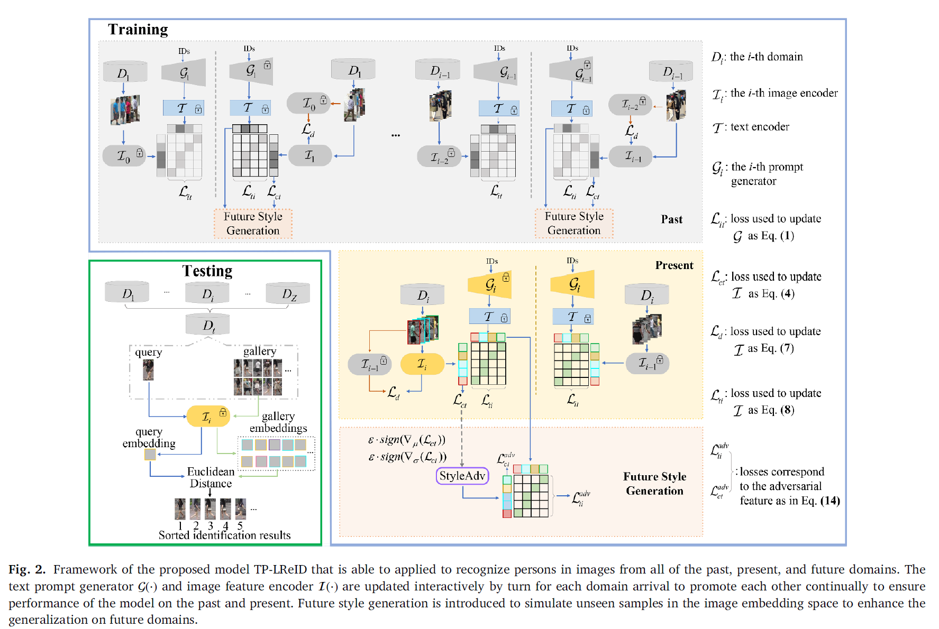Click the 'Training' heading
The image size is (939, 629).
(138, 30)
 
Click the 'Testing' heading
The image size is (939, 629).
(207, 271)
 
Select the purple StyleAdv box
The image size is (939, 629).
(462, 476)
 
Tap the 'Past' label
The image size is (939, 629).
(671, 219)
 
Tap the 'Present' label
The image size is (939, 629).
(674, 265)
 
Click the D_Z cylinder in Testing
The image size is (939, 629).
(288, 293)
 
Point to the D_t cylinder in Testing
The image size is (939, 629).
(208, 325)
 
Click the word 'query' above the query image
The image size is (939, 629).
(148, 353)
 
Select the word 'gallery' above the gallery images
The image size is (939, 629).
(260, 351)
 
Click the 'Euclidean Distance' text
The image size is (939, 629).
(211, 477)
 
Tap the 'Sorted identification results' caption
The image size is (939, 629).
(224, 535)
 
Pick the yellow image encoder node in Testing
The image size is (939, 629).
(208, 417)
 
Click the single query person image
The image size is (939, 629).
(148, 370)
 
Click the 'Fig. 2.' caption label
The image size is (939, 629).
(27, 569)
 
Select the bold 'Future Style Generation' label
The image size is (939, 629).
(654, 484)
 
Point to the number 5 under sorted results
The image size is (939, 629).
(240, 525)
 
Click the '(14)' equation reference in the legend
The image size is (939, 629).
(830, 501)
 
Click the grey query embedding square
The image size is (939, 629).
(150, 455)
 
